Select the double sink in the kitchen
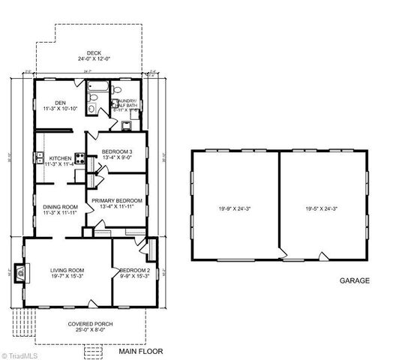click(x=37, y=157)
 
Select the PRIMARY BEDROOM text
click(x=117, y=200)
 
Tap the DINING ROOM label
click(x=59, y=207)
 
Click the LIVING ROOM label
click(x=67, y=270)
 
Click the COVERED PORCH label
click(x=91, y=323)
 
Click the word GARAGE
click(x=355, y=281)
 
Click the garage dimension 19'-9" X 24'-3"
click(x=235, y=208)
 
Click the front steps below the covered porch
click(x=94, y=351)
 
